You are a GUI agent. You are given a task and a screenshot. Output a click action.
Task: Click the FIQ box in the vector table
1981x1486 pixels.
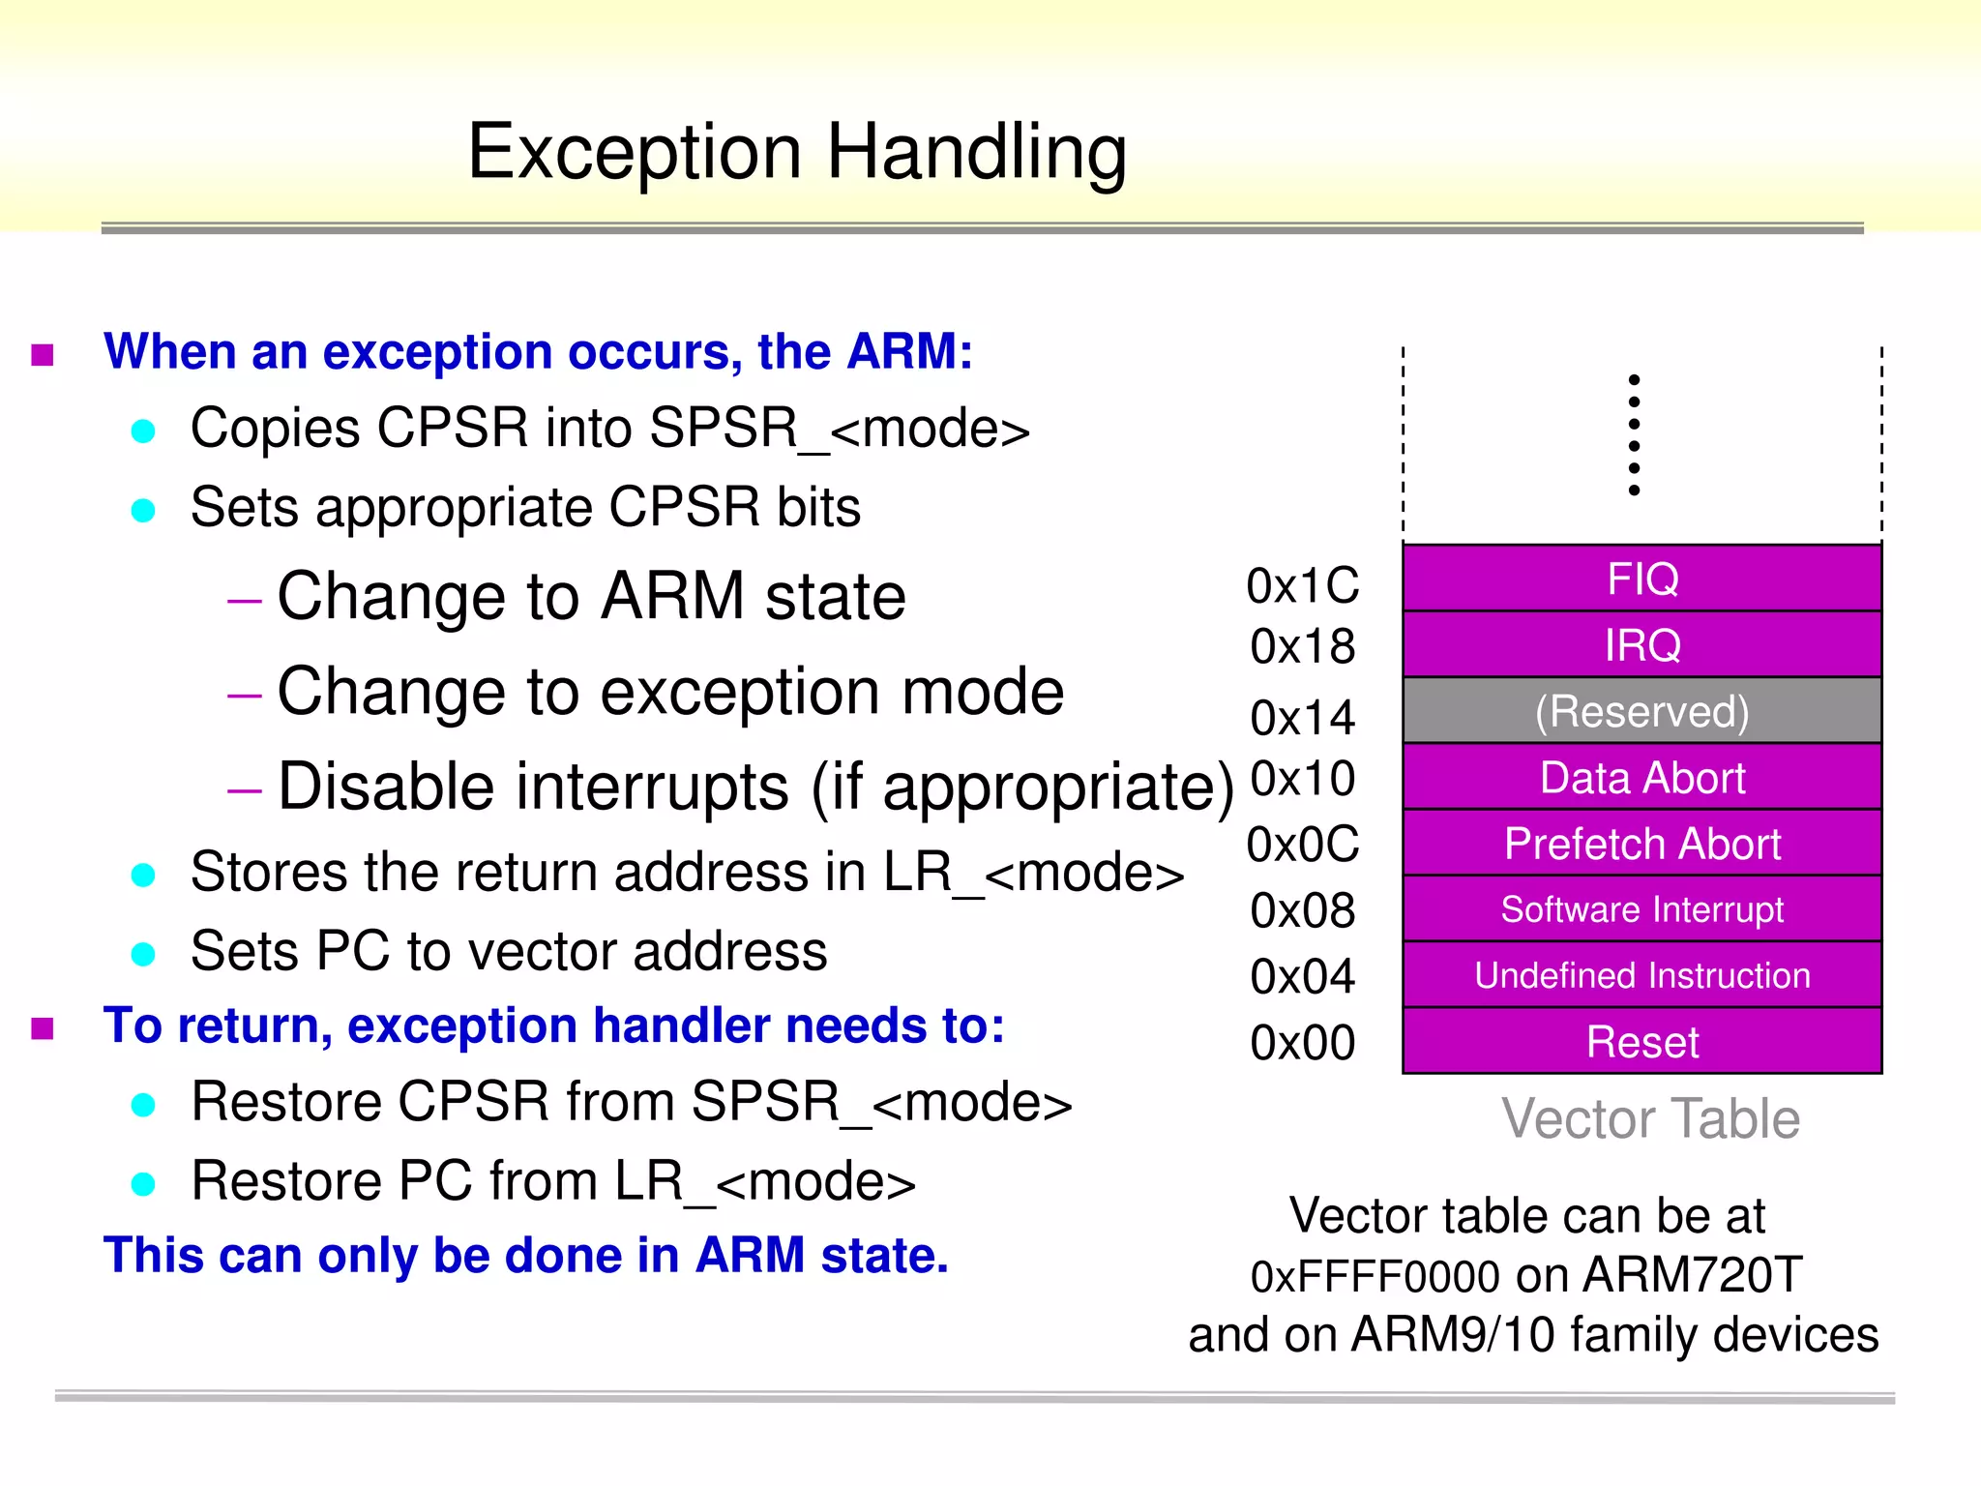tap(1641, 579)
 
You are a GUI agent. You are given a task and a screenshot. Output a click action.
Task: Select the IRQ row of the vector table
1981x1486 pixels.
tap(1641, 644)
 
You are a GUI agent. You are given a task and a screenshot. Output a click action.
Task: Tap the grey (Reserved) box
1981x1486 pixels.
tap(1641, 711)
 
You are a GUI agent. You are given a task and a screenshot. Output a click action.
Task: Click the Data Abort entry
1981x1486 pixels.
tap(1641, 778)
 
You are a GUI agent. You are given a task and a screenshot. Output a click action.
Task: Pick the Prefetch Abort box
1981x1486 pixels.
tap(1641, 844)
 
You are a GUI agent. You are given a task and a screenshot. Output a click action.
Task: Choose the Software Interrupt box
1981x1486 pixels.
tap(1641, 909)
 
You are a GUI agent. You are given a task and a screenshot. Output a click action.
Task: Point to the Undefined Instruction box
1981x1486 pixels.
tap(1641, 975)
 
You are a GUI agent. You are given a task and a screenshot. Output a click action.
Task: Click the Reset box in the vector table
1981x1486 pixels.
tap(1641, 1042)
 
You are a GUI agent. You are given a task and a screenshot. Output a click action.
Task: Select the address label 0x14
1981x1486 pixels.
tap(1302, 718)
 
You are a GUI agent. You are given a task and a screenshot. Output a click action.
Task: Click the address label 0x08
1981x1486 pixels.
tap(1302, 911)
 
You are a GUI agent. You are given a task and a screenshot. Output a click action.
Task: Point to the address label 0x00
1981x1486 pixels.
tap(1302, 1043)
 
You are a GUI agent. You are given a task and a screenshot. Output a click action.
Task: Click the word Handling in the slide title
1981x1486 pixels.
tap(976, 153)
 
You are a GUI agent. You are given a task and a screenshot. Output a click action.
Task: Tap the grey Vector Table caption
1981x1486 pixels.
tap(1650, 1119)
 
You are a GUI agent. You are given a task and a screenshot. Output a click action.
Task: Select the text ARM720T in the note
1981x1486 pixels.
tap(1693, 1275)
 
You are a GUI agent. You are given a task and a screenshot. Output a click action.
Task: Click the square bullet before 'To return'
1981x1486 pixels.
tap(43, 1027)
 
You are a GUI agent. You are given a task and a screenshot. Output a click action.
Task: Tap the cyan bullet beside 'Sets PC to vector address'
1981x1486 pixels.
tap(143, 954)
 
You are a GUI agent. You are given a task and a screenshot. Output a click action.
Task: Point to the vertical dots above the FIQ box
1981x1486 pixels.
tap(1634, 434)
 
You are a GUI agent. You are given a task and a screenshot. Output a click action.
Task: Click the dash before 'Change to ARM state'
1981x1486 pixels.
tap(244, 601)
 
